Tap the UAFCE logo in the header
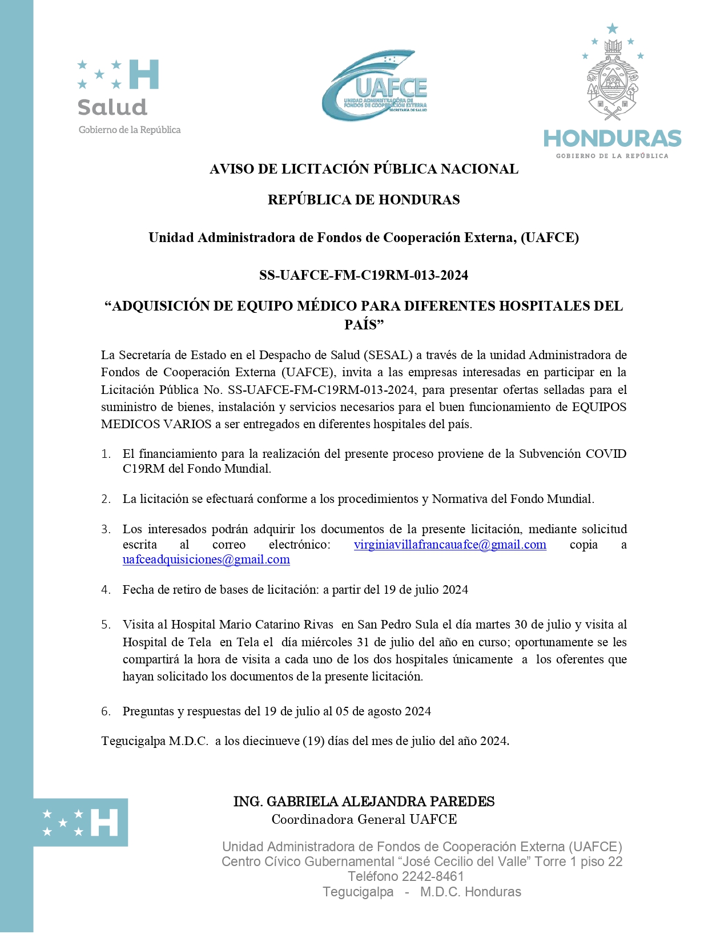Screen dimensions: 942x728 tap(374, 86)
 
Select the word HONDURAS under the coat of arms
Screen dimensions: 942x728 tap(612, 139)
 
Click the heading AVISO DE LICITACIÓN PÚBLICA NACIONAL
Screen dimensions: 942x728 tap(364, 169)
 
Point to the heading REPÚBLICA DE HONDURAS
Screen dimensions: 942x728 tap(364, 200)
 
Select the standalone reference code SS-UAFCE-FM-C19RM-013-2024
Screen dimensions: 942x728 tap(364, 275)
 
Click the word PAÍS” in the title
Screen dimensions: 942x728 tap(364, 325)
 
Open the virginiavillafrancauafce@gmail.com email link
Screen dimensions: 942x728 tap(450, 545)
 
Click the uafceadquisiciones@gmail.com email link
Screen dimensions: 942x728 tap(206, 560)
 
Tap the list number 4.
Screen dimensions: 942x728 tap(106, 590)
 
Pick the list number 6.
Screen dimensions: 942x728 tap(106, 711)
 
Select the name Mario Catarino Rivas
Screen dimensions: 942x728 tap(276, 625)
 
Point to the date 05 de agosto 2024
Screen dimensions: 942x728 tap(383, 711)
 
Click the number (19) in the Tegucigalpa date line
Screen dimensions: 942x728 tap(313, 741)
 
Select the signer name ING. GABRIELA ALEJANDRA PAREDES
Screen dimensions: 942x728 tap(364, 802)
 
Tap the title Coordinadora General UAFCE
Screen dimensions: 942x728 tap(364, 820)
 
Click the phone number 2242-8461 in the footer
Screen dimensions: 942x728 tap(433, 876)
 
